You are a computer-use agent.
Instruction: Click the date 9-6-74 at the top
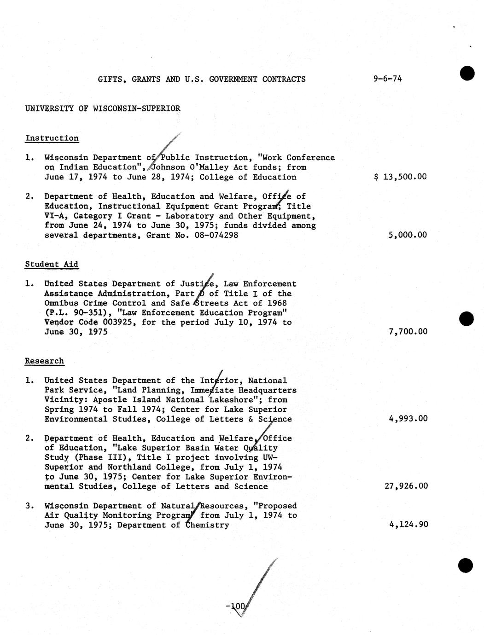pos(387,79)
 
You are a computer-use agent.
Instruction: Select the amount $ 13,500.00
pos(400,177)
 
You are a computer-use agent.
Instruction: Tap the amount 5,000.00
pos(408,235)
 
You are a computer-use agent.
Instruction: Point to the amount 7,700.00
pos(408,331)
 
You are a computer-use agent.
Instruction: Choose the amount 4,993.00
pos(408,418)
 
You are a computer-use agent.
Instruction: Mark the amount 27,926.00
pos(406,486)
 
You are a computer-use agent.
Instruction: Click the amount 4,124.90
pos(408,525)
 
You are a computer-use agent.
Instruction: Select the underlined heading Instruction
pos(52,138)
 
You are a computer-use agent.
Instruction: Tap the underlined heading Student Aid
pos(52,264)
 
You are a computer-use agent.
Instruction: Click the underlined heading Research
pos(44,361)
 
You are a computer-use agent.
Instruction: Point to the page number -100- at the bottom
pos(237,607)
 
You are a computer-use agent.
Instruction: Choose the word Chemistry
pos(207,525)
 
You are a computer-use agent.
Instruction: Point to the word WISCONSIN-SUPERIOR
pos(136,109)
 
